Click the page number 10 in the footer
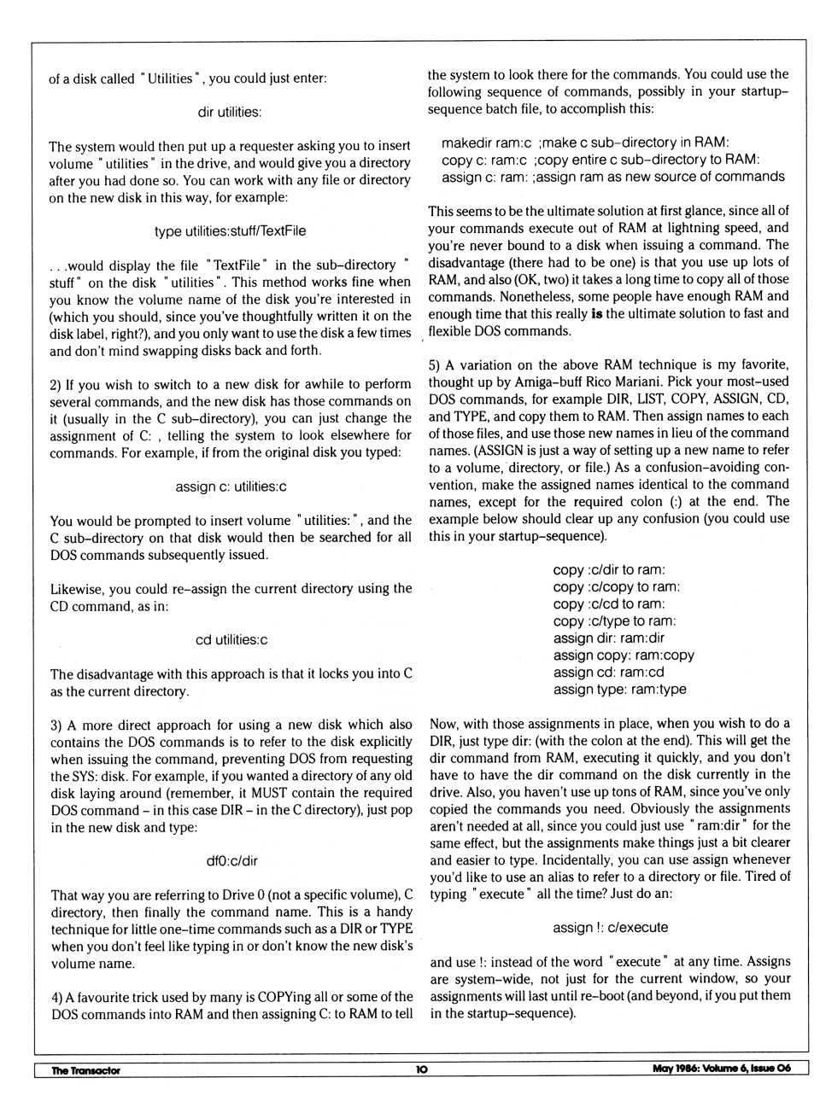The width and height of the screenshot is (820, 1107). pyautogui.click(x=422, y=1069)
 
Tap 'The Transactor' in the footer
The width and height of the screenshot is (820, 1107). pyautogui.click(x=85, y=1070)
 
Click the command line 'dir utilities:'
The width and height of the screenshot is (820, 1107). pyautogui.click(x=230, y=112)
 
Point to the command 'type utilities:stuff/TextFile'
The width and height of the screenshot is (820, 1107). pyautogui.click(x=230, y=231)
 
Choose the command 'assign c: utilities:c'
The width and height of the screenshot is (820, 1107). pyautogui.click(x=231, y=486)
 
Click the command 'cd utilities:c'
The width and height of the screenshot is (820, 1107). pyautogui.click(x=231, y=640)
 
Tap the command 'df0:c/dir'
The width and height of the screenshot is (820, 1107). pyautogui.click(x=231, y=861)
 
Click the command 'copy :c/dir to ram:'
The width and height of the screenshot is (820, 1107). pyautogui.click(x=608, y=570)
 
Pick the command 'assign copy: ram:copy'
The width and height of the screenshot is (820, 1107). pyautogui.click(x=624, y=655)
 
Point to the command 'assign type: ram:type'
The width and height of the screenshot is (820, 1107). pyautogui.click(x=619, y=690)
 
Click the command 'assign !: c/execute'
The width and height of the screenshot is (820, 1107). pyautogui.click(x=610, y=928)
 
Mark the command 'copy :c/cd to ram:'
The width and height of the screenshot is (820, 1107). pyautogui.click(x=608, y=604)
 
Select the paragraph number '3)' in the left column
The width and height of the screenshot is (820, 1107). pyautogui.click(x=56, y=725)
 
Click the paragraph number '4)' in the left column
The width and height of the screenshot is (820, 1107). pyautogui.click(x=57, y=997)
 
